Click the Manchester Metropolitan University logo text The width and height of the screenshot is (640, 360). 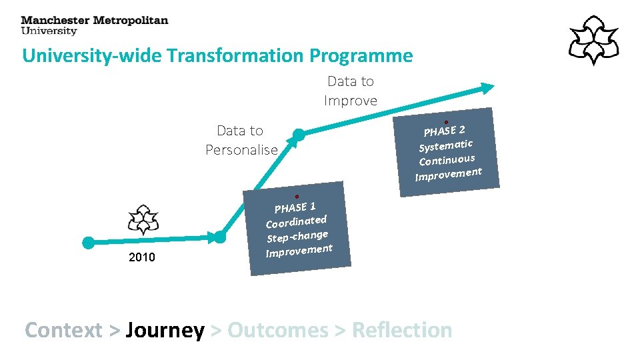click(94, 25)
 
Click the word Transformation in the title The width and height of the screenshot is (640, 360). click(236, 55)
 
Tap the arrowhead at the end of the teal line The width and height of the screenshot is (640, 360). click(489, 87)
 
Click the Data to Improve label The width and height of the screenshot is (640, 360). click(351, 91)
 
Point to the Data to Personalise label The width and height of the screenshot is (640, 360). click(241, 140)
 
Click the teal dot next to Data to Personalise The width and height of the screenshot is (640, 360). click(299, 135)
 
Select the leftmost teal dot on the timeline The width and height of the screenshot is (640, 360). click(88, 243)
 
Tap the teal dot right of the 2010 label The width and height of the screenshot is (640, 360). click(219, 236)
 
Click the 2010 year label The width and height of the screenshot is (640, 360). click(141, 257)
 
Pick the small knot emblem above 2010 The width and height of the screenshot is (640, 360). click(143, 219)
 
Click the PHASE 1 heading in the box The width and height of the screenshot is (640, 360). click(295, 207)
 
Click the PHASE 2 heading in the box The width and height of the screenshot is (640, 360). click(444, 130)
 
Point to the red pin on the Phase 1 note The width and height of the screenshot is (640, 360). click(297, 197)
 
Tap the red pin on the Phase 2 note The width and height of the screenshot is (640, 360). click(446, 122)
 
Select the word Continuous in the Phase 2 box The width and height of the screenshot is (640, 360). click(447, 160)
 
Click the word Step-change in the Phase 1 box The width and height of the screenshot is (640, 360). click(297, 236)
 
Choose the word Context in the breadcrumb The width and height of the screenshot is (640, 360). click(63, 330)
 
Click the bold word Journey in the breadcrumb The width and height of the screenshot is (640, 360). click(165, 330)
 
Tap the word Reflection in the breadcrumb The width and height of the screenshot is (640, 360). click(401, 330)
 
